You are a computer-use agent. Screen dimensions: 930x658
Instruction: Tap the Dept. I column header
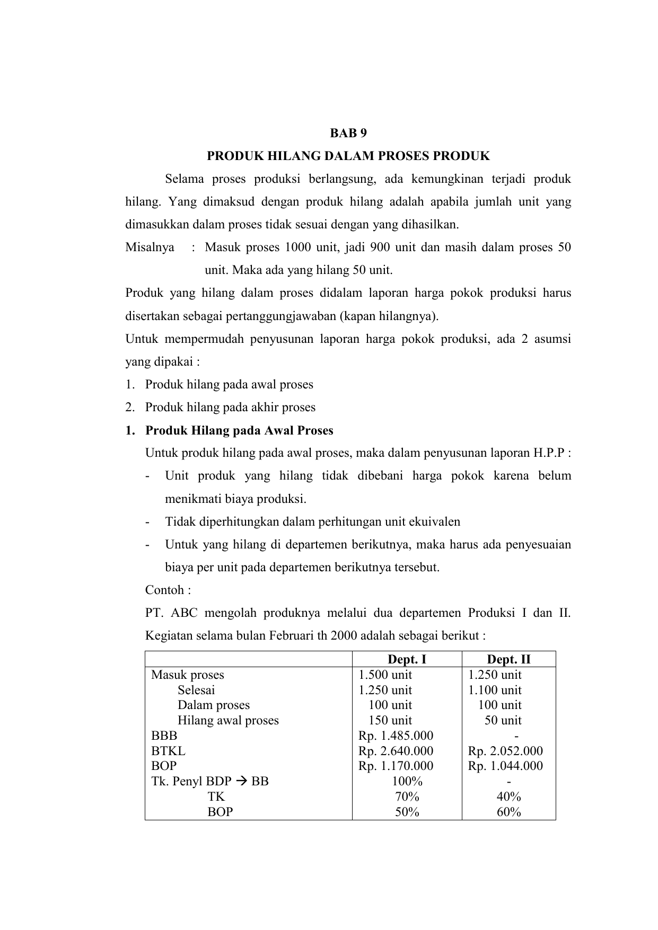coord(407,659)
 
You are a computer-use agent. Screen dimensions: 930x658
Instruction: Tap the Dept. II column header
coord(508,659)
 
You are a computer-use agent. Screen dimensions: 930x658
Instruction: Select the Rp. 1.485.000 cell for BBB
coord(396,736)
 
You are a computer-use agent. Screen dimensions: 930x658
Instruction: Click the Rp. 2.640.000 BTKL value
coord(396,751)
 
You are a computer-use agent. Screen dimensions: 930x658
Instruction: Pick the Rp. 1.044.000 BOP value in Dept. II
coord(505,766)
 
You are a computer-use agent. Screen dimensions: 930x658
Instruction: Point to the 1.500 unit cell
coord(385,675)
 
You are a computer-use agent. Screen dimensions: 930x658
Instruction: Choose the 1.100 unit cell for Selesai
coord(495,690)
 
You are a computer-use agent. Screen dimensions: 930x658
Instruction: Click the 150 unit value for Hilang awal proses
coord(390,720)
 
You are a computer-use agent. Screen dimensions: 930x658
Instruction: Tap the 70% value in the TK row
coord(407,796)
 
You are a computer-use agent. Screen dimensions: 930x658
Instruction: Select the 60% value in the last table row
coord(508,812)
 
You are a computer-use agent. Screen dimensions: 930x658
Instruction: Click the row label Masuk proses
coord(188,675)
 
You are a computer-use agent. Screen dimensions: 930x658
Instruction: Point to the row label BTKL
coord(168,751)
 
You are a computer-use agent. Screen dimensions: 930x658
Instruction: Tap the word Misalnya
coord(150,247)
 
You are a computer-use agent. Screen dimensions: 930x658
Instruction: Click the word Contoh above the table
coord(164,590)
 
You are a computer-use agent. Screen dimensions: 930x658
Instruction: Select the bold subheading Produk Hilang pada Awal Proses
coord(239,430)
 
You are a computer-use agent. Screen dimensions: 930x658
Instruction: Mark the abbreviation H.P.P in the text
coord(548,453)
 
